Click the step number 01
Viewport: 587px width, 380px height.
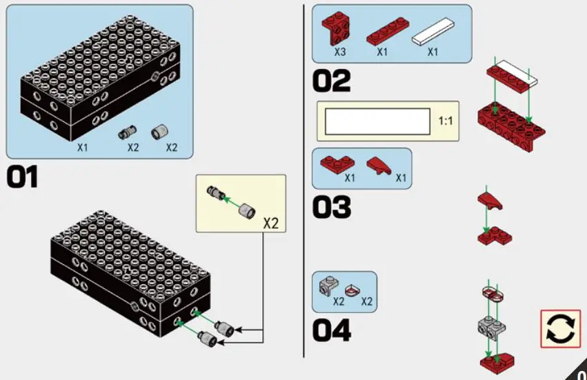point(22,178)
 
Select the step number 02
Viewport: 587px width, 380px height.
point(331,81)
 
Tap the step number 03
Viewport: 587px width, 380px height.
point(331,207)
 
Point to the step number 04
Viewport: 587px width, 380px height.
point(331,330)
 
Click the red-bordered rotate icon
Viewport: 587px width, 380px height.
point(560,328)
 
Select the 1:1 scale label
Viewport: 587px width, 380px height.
point(446,121)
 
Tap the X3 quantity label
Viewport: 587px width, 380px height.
point(340,52)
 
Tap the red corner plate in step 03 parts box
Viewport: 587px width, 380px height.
point(337,163)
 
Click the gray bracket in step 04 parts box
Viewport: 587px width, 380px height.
point(328,285)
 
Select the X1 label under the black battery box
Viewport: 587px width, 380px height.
point(83,148)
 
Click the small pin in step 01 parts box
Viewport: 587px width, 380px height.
point(128,131)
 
